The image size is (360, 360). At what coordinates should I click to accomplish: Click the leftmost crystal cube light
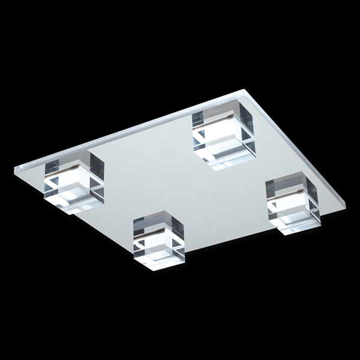point(74,182)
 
